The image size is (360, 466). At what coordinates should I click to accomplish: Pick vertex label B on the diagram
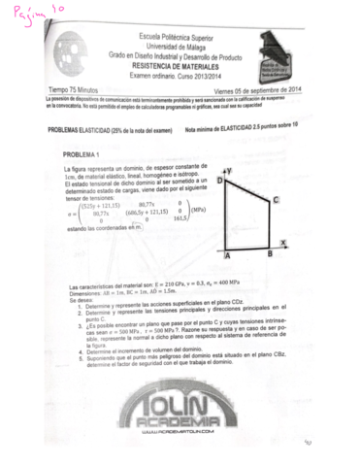point(269,254)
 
